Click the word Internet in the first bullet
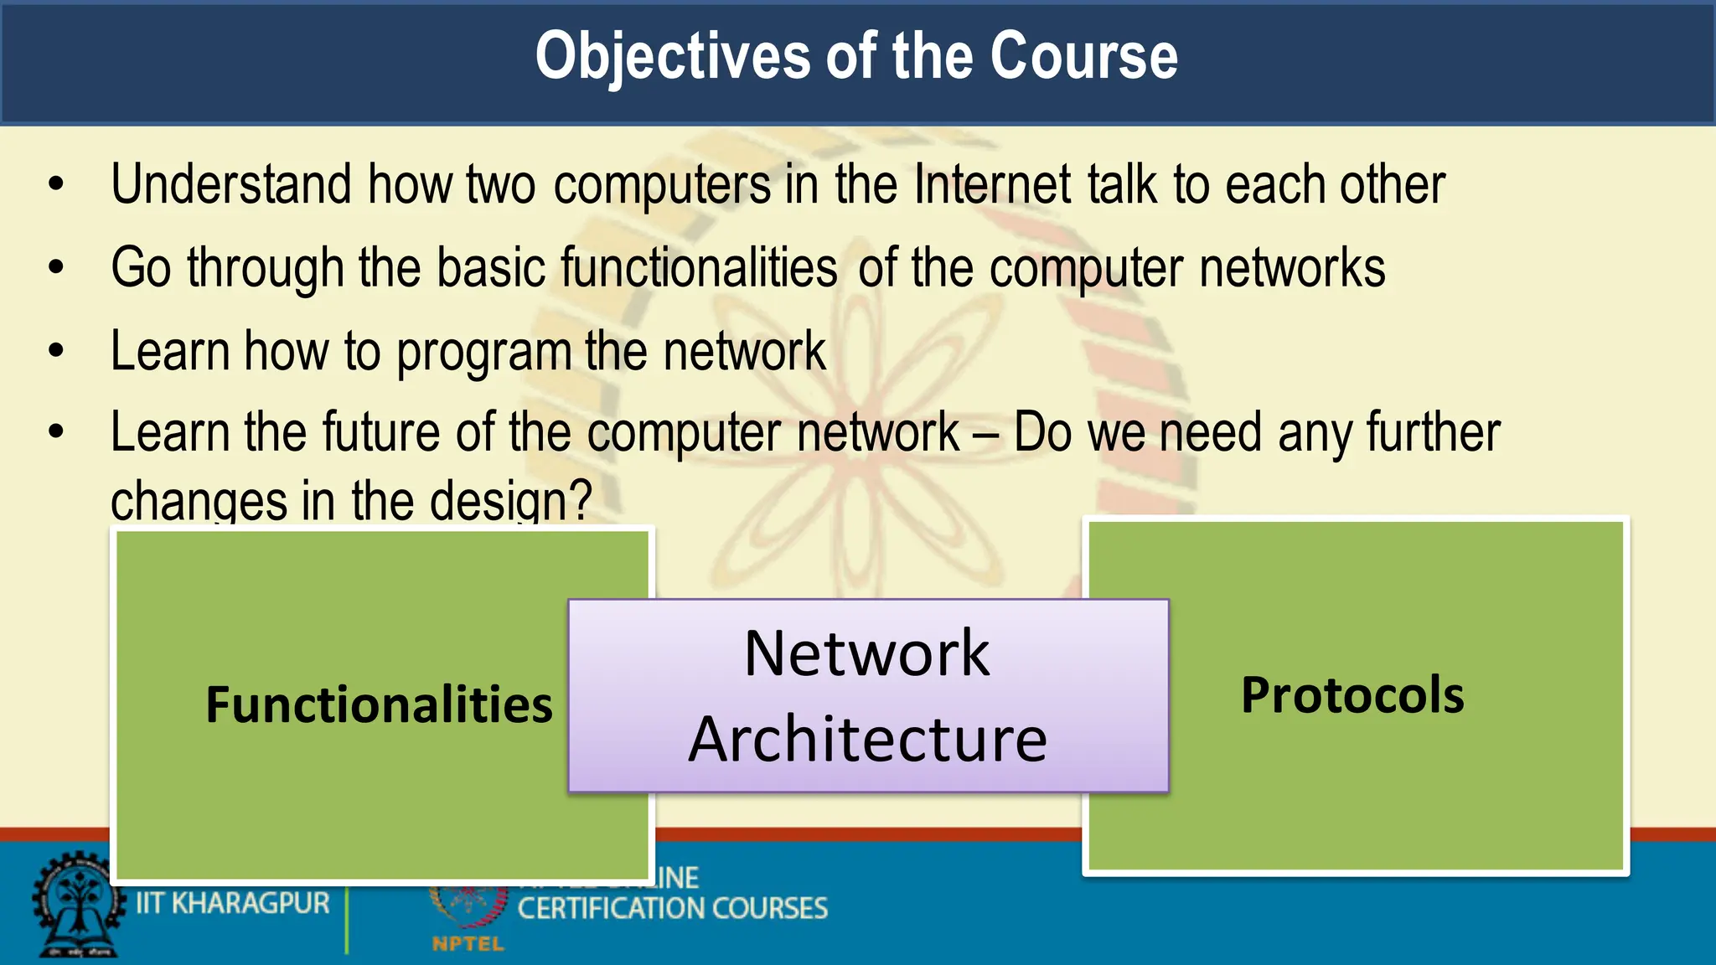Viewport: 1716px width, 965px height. click(x=992, y=184)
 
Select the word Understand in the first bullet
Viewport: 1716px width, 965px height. click(x=231, y=184)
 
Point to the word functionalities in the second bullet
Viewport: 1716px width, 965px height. click(x=699, y=268)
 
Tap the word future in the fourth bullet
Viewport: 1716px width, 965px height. click(x=380, y=433)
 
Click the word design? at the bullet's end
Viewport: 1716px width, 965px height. click(x=510, y=501)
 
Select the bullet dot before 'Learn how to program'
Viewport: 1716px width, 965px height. click(x=56, y=350)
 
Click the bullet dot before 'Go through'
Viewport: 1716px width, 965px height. click(x=56, y=267)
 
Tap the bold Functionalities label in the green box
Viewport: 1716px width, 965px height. click(x=379, y=704)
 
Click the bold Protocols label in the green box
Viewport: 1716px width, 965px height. click(x=1352, y=695)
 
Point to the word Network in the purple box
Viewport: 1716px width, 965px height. click(x=867, y=653)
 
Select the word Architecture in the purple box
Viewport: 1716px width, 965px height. click(x=867, y=740)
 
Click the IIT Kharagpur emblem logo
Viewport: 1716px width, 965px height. click(x=75, y=906)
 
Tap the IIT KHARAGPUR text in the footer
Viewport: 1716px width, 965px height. click(x=233, y=904)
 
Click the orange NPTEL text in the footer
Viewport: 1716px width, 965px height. click(x=468, y=944)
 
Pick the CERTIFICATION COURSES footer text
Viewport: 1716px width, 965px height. click(x=672, y=909)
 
